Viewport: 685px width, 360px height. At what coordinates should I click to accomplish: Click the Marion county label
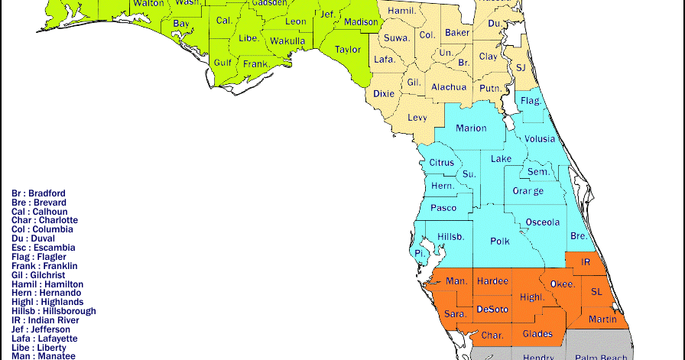point(471,128)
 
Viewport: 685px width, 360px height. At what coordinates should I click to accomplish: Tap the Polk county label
point(500,242)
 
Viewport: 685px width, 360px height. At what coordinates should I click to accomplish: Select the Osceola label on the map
point(543,222)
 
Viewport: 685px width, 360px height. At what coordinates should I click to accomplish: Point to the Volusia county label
point(540,140)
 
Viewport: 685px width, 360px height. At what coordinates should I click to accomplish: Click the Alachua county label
point(449,87)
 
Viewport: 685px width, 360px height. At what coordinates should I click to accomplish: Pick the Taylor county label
point(348,50)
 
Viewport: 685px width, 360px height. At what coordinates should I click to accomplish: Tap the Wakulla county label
point(287,41)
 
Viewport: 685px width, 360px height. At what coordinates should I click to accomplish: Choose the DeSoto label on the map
point(492,309)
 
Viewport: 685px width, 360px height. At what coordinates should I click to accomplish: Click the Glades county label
point(537,334)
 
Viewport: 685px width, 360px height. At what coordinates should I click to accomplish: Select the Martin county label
point(602,319)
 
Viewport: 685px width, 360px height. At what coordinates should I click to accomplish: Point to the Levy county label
point(417,118)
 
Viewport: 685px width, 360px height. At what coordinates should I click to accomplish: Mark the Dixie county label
point(384,94)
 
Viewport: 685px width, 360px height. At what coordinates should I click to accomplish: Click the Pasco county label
point(443,208)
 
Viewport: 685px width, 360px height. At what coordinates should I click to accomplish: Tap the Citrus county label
point(441,163)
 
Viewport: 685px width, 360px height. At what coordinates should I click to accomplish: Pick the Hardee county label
point(492,281)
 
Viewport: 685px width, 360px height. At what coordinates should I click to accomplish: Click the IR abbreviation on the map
point(586,262)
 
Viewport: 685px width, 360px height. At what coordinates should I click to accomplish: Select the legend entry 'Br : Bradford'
point(38,193)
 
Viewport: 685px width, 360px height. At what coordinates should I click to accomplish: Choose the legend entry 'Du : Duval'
point(36,238)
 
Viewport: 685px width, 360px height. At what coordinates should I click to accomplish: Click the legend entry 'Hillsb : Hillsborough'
point(54,311)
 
